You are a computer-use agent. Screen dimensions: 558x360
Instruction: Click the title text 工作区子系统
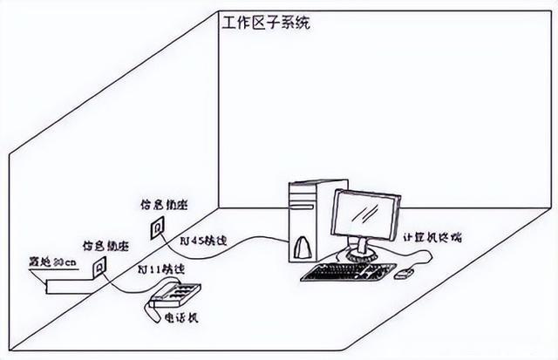265,21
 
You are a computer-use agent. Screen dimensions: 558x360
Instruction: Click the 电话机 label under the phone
182,318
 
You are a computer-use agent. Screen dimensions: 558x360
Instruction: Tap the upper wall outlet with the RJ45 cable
158,228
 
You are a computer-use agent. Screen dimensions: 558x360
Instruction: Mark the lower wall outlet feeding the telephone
100,265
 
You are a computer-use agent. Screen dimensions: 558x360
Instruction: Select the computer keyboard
348,272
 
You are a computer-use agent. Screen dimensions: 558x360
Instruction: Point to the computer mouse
403,275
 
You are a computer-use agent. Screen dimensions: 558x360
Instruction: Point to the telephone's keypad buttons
182,292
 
